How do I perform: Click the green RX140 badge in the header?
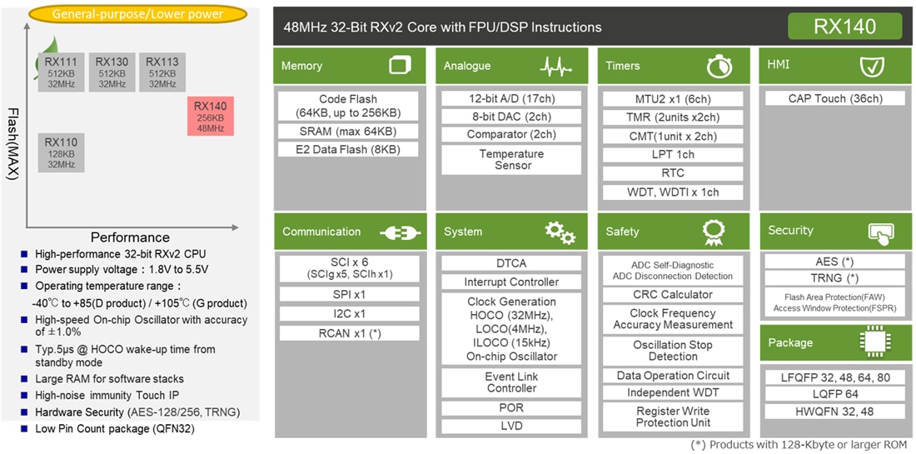(844, 27)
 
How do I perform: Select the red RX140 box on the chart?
(211, 117)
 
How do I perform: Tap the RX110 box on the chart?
(61, 153)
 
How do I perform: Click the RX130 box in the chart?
(112, 72)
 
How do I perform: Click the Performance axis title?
(130, 237)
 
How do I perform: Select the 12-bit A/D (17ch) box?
(512, 98)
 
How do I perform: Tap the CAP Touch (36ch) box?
(835, 98)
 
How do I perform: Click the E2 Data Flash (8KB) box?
(349, 150)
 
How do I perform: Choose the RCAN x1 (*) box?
(349, 333)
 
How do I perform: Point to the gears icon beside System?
(560, 232)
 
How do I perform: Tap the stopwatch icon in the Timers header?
(719, 66)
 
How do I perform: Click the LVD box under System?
(511, 427)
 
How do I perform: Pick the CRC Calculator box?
(673, 294)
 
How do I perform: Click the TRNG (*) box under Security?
(835, 278)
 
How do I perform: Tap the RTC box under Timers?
(673, 173)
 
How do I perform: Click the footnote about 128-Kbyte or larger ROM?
(799, 445)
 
